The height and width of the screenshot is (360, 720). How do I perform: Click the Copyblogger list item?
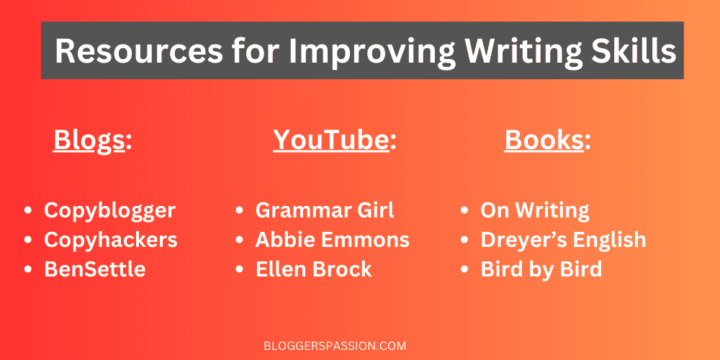(109, 210)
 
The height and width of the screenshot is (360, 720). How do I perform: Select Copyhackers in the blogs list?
(110, 240)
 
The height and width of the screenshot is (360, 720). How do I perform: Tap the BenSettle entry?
(94, 269)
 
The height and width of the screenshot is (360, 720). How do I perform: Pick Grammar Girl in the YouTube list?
(325, 210)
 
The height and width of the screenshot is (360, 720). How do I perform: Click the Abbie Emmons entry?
(332, 240)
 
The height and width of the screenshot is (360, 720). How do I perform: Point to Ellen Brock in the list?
(313, 269)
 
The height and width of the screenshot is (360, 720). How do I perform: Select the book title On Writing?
(535, 210)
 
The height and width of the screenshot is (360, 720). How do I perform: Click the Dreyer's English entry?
(563, 240)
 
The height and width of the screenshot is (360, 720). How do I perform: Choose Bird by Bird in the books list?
(541, 269)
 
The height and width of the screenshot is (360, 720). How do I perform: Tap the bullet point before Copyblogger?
(28, 211)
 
